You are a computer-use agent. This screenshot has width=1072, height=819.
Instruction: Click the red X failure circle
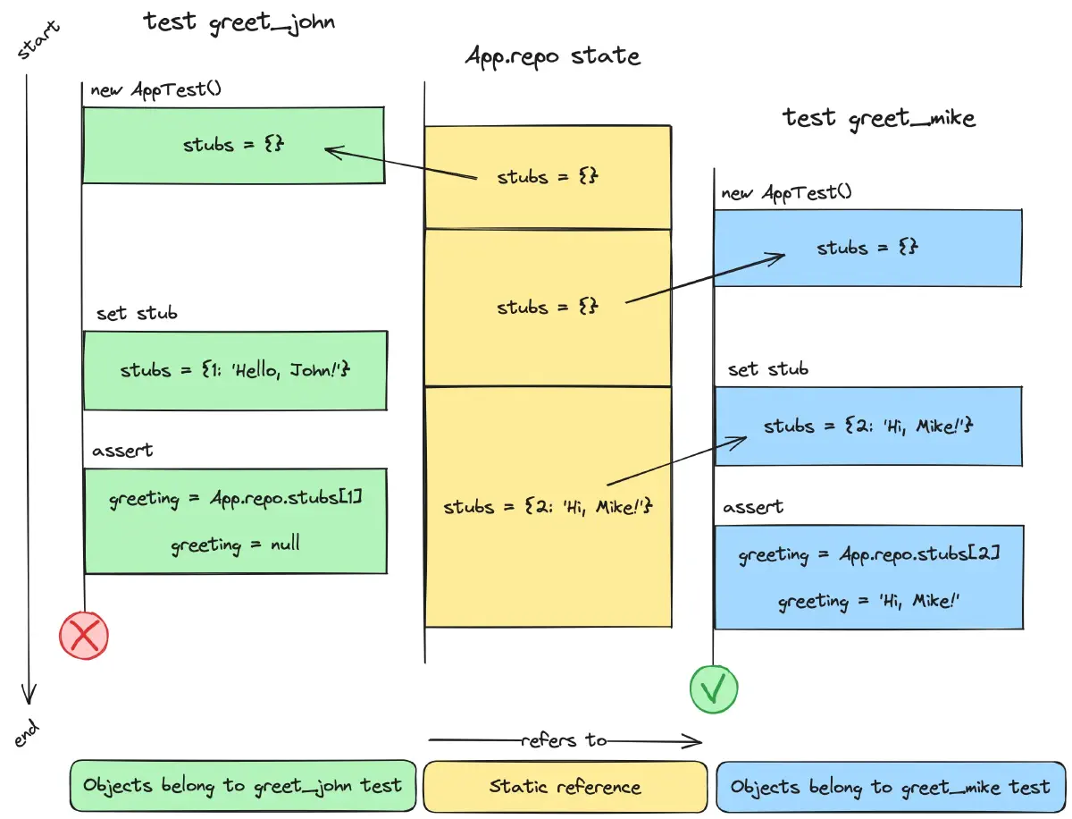point(84,636)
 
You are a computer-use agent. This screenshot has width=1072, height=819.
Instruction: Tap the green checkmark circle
point(714,689)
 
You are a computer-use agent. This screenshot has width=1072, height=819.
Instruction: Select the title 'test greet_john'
point(239,22)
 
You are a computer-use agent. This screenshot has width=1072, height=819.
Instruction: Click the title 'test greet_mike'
point(879,117)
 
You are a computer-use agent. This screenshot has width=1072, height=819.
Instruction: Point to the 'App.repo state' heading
point(553,56)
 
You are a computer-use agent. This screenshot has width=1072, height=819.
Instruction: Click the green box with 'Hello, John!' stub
point(235,370)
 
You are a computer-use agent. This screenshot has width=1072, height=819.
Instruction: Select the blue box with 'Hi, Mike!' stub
point(867,426)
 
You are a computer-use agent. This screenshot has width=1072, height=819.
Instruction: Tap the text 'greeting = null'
point(235,545)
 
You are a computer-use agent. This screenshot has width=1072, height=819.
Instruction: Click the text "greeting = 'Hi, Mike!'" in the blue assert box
point(868,601)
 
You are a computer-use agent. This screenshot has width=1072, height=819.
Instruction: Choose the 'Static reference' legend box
point(565,787)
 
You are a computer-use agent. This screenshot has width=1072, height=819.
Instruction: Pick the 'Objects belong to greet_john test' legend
point(243,787)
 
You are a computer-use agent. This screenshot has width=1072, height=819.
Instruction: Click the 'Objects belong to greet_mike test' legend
point(890,787)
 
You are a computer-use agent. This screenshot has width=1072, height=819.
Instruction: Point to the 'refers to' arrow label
point(565,740)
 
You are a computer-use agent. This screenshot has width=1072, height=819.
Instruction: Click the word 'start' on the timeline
point(39,41)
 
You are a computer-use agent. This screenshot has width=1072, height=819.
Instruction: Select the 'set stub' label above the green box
point(137,314)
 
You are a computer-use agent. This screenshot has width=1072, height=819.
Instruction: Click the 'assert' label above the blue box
point(752,507)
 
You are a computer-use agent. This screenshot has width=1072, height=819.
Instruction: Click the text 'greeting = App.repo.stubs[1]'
point(235,498)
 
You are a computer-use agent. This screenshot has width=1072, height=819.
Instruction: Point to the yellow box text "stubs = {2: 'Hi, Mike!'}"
point(549,507)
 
